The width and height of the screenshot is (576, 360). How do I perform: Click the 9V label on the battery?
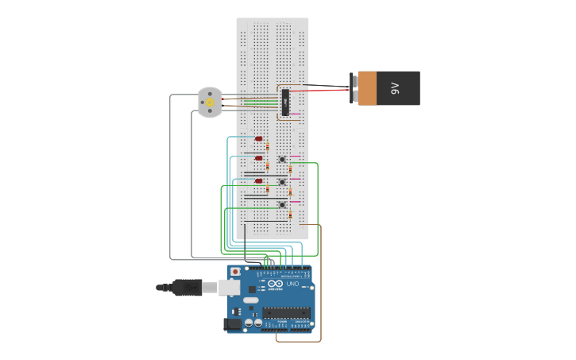click(x=395, y=88)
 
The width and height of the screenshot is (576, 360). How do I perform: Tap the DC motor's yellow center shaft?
click(x=210, y=103)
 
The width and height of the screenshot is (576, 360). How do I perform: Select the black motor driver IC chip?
click(x=285, y=103)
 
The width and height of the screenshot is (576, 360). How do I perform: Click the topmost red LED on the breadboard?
click(x=258, y=139)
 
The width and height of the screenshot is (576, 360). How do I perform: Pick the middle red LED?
click(x=258, y=158)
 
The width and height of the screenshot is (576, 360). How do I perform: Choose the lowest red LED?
click(x=258, y=181)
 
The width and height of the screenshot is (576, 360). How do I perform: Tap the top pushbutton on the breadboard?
click(x=282, y=159)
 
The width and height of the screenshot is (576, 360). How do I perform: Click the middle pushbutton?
click(x=282, y=182)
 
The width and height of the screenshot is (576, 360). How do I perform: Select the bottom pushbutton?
click(x=282, y=205)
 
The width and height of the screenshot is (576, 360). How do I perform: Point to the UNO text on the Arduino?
click(x=292, y=284)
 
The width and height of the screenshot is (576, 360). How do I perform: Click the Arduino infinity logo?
click(x=276, y=284)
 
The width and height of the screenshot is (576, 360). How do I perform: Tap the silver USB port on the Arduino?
click(x=230, y=287)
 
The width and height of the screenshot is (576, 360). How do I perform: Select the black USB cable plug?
click(x=187, y=287)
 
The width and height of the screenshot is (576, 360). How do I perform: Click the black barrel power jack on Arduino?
click(x=233, y=323)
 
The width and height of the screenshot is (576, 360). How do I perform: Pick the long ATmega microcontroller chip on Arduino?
click(x=286, y=312)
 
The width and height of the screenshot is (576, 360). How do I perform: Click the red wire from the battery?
click(x=326, y=91)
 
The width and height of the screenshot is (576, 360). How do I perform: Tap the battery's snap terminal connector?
click(x=354, y=88)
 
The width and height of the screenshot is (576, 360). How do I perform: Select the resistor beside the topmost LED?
click(x=268, y=146)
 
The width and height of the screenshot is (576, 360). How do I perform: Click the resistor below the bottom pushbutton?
click(x=290, y=215)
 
